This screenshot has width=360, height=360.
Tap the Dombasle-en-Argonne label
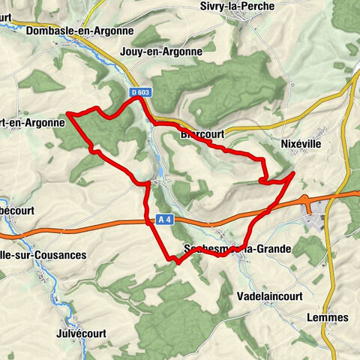[79, 31]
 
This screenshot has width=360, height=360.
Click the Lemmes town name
[328, 317]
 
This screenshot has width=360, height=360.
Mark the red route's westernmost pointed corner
[68, 114]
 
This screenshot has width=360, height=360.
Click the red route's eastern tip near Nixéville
[292, 173]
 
